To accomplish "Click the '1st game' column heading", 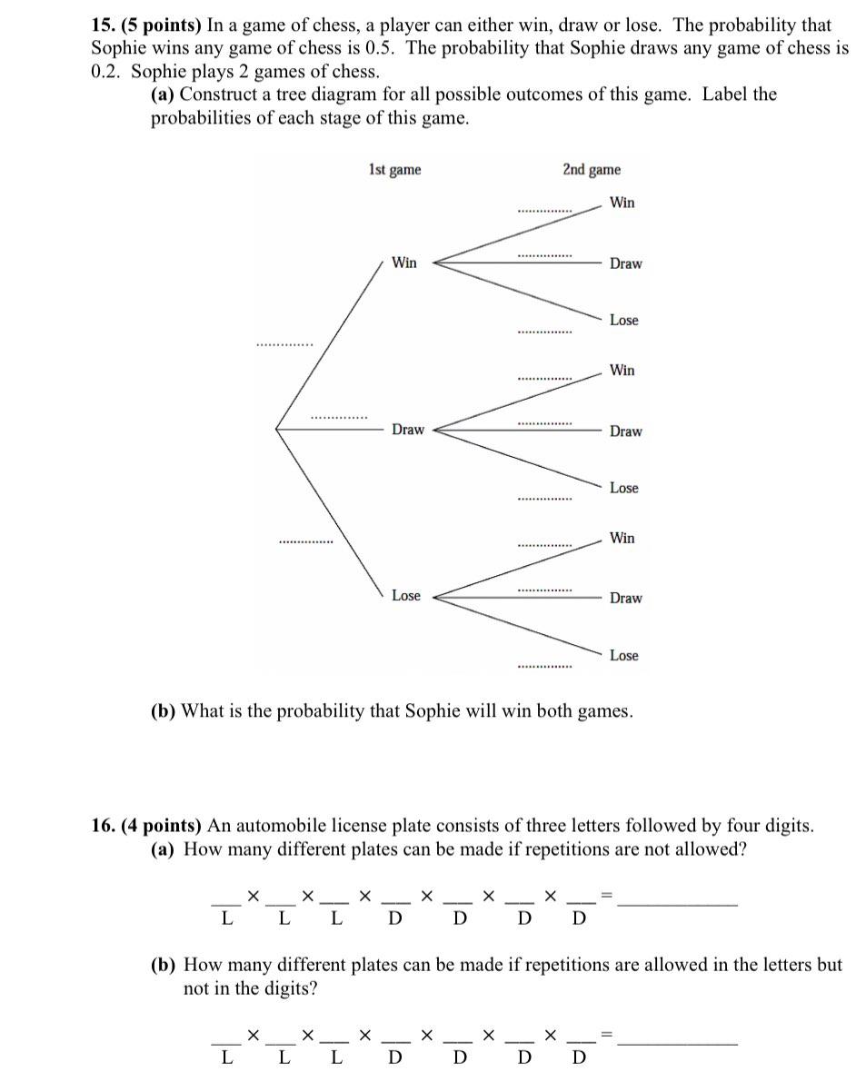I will pos(394,170).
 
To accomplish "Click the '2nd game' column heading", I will pos(592,170).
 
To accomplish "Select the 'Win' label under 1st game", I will pos(403,263).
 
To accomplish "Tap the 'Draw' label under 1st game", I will pos(407,430).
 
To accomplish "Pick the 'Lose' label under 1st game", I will pos(405,596).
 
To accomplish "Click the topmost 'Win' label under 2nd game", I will pos(622,203).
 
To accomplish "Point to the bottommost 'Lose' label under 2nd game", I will pos(623,656).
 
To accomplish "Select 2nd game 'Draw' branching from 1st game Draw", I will pos(625,431).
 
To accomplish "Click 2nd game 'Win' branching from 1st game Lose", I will pos(622,539).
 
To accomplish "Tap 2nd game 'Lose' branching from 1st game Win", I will pos(623,321).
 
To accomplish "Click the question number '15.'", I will pos(103,25).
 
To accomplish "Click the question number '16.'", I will pos(103,826).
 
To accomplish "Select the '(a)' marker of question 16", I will pos(164,849).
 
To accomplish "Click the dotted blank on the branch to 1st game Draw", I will pos(339,418).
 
